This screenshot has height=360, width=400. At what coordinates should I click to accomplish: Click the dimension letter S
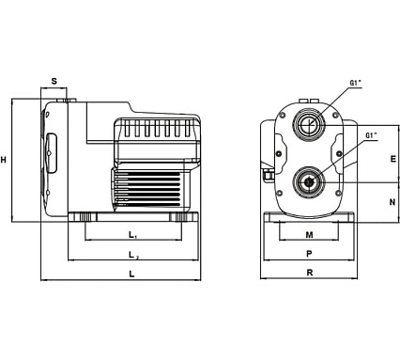coord(54,81)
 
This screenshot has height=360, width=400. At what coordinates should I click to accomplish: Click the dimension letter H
coord(4,160)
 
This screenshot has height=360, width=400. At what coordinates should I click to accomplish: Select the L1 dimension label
coord(132,234)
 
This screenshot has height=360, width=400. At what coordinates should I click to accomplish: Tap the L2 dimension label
coord(133,255)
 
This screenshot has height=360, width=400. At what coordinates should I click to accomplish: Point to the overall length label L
coord(131,274)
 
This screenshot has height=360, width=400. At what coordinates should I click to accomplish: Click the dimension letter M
coord(309,235)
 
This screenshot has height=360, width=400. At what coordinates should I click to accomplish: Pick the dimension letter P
coord(309,254)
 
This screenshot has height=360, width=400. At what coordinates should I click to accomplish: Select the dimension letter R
coord(309,273)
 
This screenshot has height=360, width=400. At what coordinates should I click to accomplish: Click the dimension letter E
coord(393,159)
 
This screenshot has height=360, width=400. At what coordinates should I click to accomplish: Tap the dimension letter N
coord(392,202)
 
